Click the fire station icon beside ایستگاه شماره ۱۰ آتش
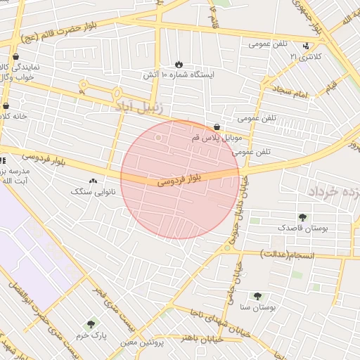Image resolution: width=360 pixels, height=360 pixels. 179,64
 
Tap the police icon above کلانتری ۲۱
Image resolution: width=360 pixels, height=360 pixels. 305,46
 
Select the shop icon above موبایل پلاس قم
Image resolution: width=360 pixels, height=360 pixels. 216,127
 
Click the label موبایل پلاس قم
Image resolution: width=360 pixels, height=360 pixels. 216,138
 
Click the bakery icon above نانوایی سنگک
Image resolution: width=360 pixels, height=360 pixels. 93,181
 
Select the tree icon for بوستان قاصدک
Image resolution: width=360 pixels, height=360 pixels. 302,217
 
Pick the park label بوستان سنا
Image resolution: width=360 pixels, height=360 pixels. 259,307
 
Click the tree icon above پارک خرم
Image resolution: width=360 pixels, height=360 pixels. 90,325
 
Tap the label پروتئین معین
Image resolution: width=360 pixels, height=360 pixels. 141,342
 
